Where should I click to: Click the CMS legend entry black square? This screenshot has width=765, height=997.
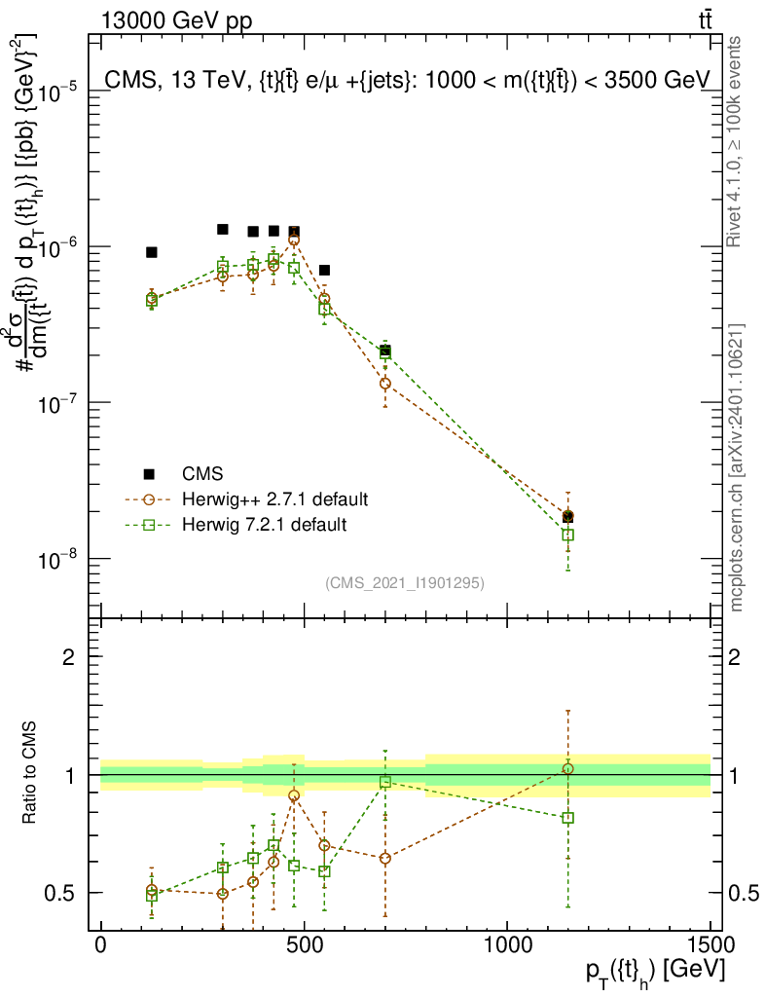pyautogui.click(x=149, y=474)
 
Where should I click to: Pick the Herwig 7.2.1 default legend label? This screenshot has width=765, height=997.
pyautogui.click(x=265, y=525)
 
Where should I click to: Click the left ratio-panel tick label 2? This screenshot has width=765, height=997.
pyautogui.click(x=69, y=657)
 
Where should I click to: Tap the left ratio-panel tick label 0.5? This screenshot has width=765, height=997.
pyautogui.click(x=61, y=893)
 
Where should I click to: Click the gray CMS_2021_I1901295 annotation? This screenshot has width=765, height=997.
pyautogui.click(x=404, y=582)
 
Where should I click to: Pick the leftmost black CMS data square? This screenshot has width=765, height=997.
pyautogui.click(x=152, y=252)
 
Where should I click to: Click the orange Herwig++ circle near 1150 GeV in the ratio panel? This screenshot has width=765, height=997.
pyautogui.click(x=568, y=769)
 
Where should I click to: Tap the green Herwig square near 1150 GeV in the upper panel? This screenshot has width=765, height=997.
pyautogui.click(x=568, y=535)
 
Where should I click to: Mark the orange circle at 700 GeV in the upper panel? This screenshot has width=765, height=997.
pyautogui.click(x=385, y=383)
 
